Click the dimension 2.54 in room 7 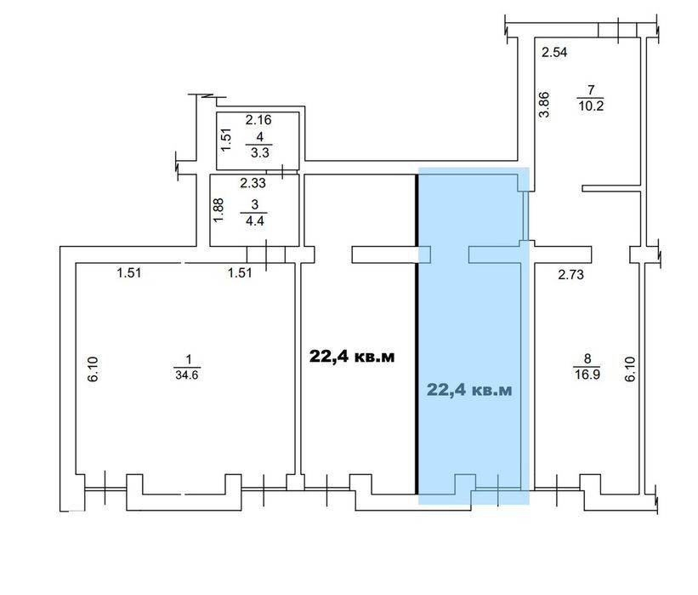[x=554, y=53]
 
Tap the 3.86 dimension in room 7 [x=544, y=105]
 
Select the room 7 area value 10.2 [x=591, y=106]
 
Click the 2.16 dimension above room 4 [x=258, y=120]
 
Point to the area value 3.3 [x=260, y=153]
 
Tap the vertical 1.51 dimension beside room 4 [x=227, y=140]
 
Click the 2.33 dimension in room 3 [x=253, y=183]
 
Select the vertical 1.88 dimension [x=218, y=210]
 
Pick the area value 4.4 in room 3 [x=254, y=220]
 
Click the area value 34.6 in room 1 [x=187, y=375]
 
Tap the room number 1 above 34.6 [x=189, y=358]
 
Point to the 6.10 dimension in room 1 [x=93, y=369]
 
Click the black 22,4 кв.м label [x=352, y=357]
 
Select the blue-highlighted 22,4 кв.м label [x=469, y=390]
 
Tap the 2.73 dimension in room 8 [x=570, y=275]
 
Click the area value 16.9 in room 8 [x=587, y=374]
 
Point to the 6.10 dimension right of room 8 [x=630, y=369]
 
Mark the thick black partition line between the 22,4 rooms [x=417, y=334]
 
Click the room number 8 [x=587, y=358]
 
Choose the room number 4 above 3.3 [x=260, y=137]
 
